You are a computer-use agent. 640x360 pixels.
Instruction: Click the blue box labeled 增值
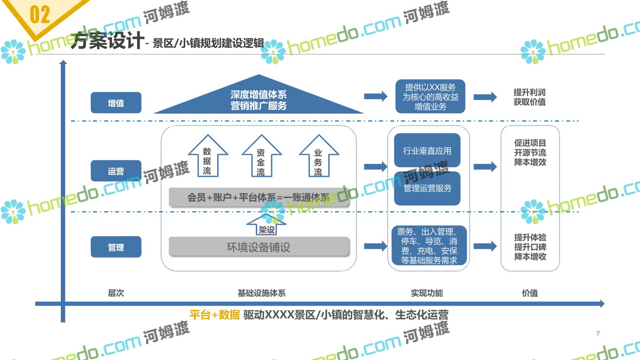[x=116, y=103]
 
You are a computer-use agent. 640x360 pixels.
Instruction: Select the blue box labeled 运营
[x=116, y=171]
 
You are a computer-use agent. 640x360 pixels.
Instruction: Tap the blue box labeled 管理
[x=116, y=247]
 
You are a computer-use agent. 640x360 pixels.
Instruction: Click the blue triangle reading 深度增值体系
[x=258, y=100]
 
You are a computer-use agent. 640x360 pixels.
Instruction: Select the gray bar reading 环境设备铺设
[x=259, y=247]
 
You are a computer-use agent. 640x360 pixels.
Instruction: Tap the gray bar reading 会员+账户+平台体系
[x=259, y=197]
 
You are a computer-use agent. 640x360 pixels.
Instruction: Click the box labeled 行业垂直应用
[x=427, y=150]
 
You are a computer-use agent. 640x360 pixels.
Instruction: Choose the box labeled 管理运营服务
[x=427, y=188]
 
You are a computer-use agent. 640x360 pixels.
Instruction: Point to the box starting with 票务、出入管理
[x=429, y=246]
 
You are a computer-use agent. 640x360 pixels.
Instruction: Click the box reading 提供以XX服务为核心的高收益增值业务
[x=430, y=97]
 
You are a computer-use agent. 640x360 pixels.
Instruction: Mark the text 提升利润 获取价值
[x=530, y=97]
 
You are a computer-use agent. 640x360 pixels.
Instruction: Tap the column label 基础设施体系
[x=262, y=293]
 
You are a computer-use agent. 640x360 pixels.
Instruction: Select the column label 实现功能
[x=427, y=293]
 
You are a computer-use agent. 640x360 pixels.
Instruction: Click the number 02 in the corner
[x=40, y=15]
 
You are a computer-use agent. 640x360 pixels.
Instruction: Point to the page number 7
[x=598, y=333]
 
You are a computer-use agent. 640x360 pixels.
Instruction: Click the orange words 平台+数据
[x=215, y=315]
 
